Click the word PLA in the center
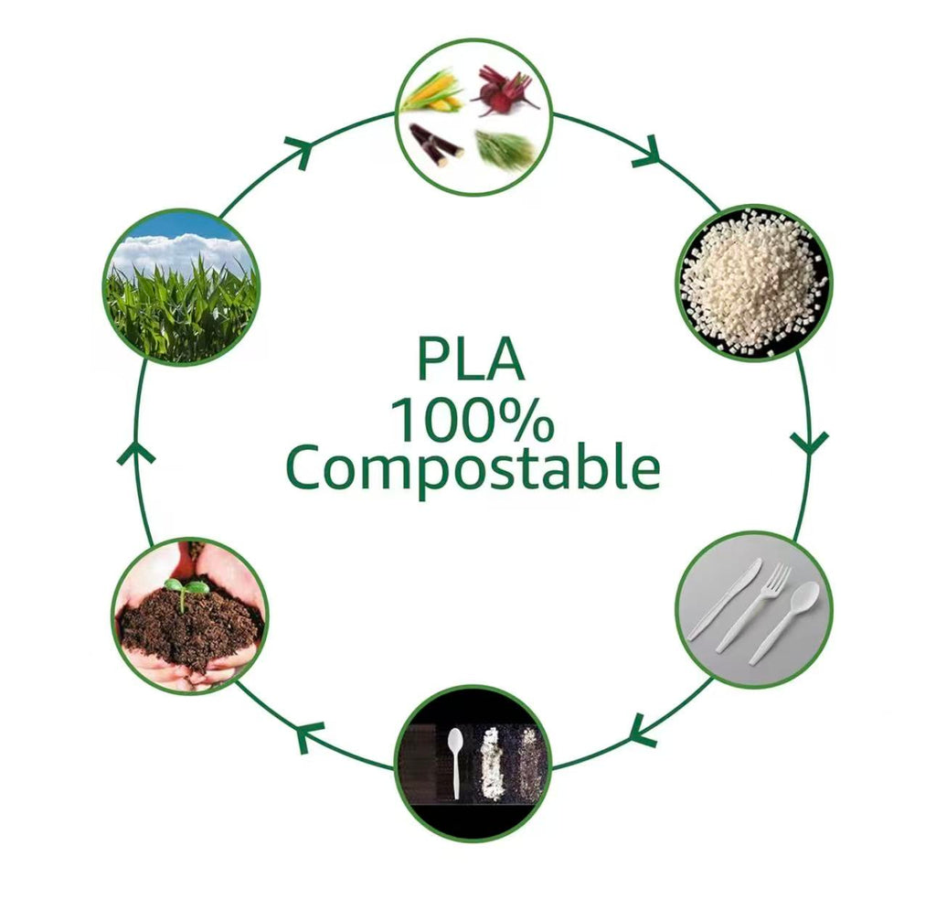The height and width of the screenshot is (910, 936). coord(471,359)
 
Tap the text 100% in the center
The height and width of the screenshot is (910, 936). coord(473,421)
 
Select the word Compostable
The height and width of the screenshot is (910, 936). coord(473,469)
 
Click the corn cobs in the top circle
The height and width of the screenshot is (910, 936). coord(432,93)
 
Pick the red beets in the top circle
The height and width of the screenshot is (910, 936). coord(505,91)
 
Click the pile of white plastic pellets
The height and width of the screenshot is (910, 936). coord(753,283)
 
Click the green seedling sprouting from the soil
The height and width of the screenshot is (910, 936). coord(186,591)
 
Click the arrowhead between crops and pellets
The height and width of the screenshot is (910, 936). coord(648,153)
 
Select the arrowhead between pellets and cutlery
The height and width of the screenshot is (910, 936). coord(810,443)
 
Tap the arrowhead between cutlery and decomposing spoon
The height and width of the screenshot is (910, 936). coord(642,729)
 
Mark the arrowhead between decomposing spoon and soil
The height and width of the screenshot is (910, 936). coord(309,734)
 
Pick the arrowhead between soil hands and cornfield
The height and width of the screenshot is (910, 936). coord(135,454)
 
